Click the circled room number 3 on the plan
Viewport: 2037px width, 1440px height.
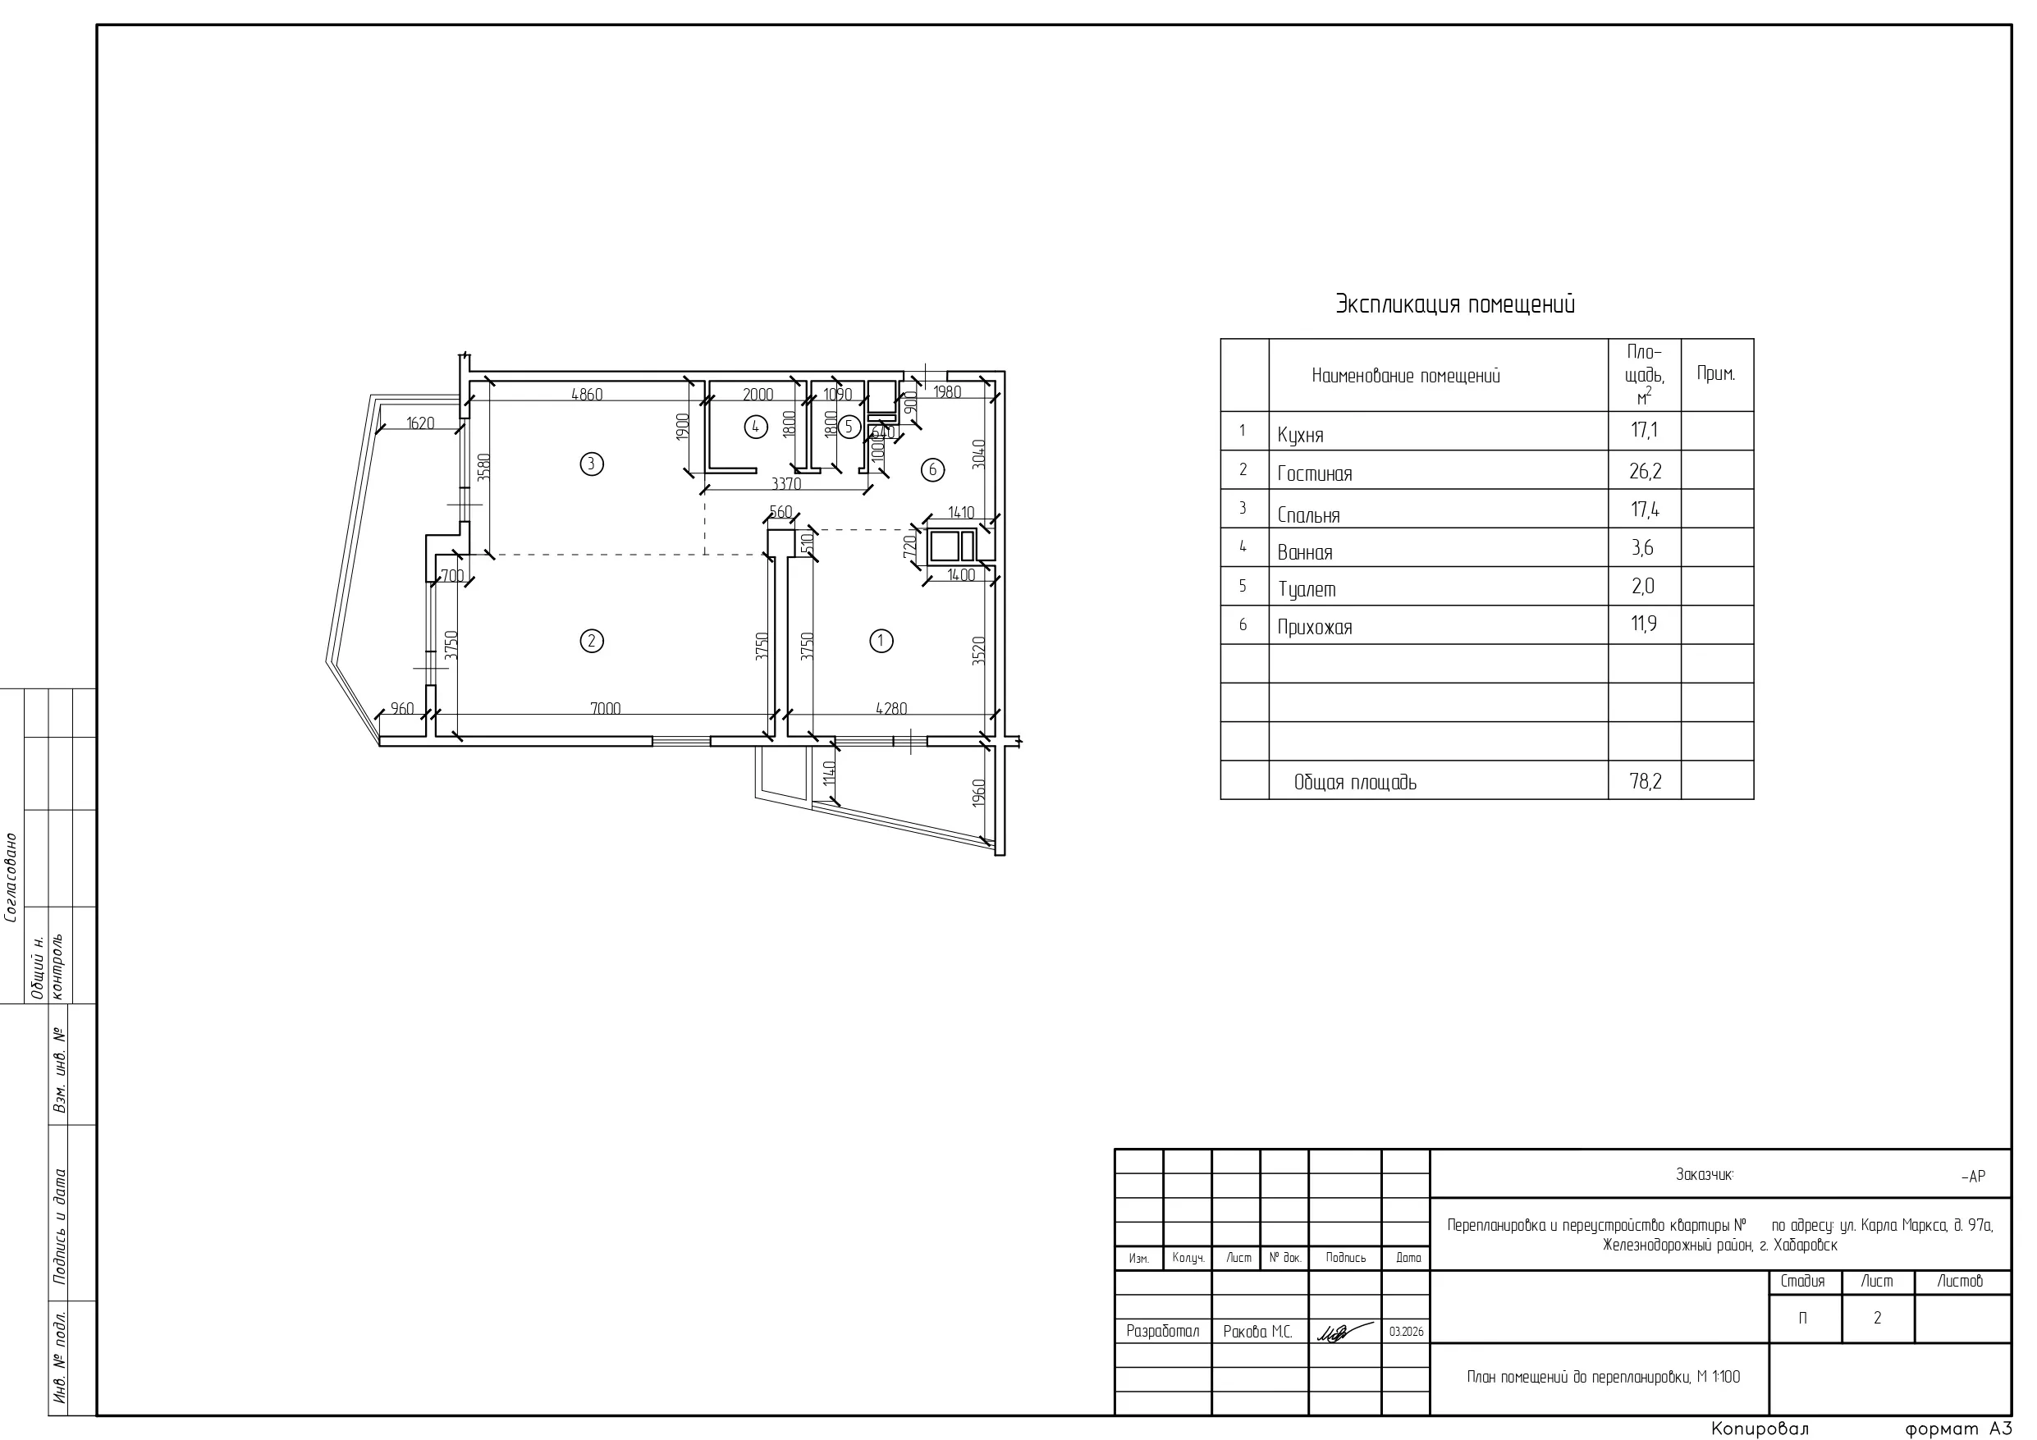pos(592,463)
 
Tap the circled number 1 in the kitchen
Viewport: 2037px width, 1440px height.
pos(881,641)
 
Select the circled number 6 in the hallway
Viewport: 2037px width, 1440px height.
pos(932,469)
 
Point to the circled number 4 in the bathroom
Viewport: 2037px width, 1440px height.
pos(755,427)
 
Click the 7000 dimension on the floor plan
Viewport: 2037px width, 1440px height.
pos(605,708)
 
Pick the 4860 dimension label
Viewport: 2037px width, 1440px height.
pos(587,394)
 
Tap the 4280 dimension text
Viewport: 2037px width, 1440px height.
pos(891,708)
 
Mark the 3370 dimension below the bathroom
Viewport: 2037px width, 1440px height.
pos(786,483)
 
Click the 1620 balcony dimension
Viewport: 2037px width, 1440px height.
pos(420,423)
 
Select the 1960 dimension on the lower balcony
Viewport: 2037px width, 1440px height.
pos(978,793)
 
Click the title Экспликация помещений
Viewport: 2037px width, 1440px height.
pos(1455,304)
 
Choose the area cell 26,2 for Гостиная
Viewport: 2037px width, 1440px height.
pos(1645,471)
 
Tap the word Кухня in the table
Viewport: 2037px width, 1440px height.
pos(1300,435)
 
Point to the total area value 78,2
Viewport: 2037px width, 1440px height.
pos(1645,781)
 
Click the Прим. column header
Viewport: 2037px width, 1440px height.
pos(1716,373)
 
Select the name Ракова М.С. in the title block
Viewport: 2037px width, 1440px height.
pos(1257,1332)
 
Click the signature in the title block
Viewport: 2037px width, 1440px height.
pos(1344,1332)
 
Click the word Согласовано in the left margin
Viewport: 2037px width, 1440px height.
pos(11,877)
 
